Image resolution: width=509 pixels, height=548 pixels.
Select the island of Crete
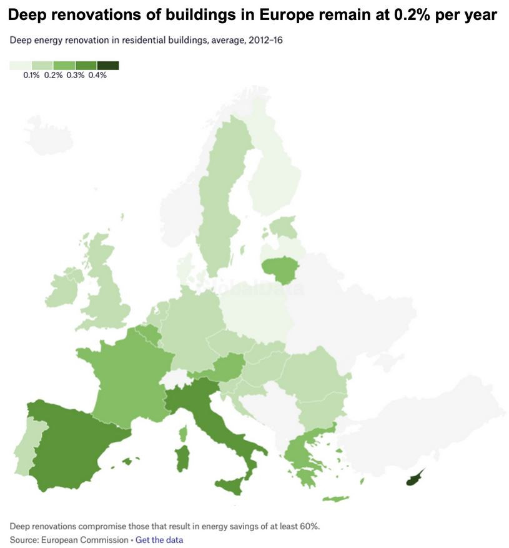(x=336, y=498)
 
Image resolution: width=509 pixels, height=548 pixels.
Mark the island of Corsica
(x=183, y=432)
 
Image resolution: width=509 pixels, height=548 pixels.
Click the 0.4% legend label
(x=97, y=75)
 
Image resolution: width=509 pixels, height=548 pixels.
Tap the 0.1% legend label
(x=31, y=75)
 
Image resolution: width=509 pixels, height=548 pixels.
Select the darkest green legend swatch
(x=108, y=65)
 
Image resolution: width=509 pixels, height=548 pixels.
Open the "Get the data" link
(x=159, y=539)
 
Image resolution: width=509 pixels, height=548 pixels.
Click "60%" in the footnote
(x=310, y=525)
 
